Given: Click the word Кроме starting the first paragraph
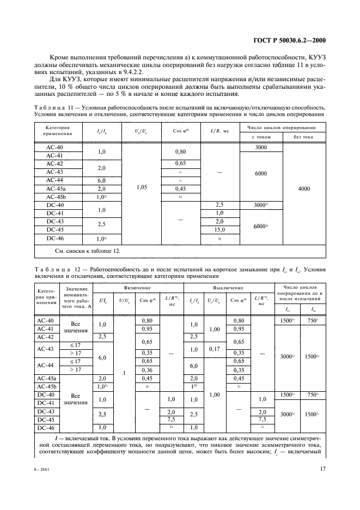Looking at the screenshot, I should (x=60, y=57).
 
